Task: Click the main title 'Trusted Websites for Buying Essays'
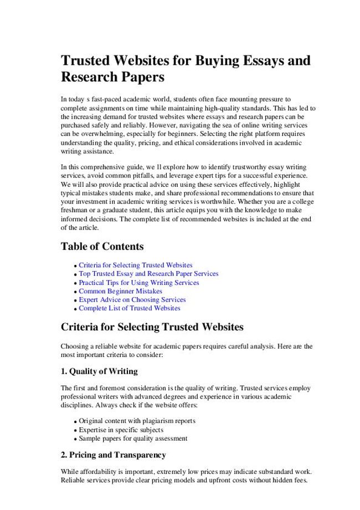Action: click(185, 60)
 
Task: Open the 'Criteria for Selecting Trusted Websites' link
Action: click(136, 266)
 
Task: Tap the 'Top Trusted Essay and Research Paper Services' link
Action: click(148, 274)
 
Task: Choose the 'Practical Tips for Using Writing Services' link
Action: click(138, 283)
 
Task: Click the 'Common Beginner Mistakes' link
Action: click(120, 291)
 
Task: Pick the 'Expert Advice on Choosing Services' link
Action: click(132, 300)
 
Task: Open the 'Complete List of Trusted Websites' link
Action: click(129, 308)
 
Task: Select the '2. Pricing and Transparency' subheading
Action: click(113, 455)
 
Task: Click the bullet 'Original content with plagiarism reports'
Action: click(137, 421)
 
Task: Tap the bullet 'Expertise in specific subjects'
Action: click(121, 430)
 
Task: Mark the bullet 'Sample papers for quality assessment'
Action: click(133, 438)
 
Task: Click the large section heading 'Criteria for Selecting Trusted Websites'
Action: click(152, 327)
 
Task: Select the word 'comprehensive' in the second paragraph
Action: click(106, 167)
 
